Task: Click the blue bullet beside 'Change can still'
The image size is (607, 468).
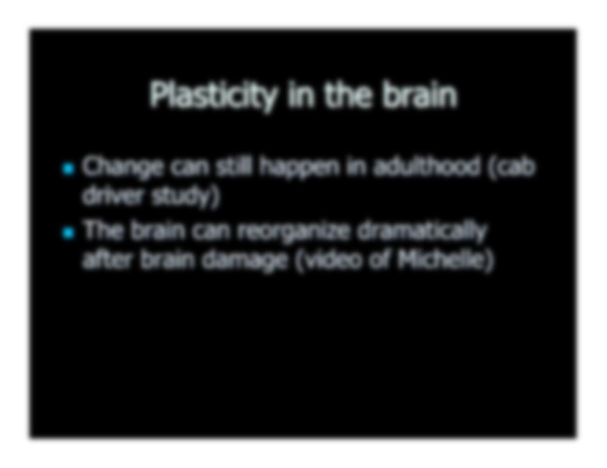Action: point(68,169)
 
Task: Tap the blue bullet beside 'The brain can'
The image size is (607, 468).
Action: point(68,233)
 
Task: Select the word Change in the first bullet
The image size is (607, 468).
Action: point(122,168)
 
